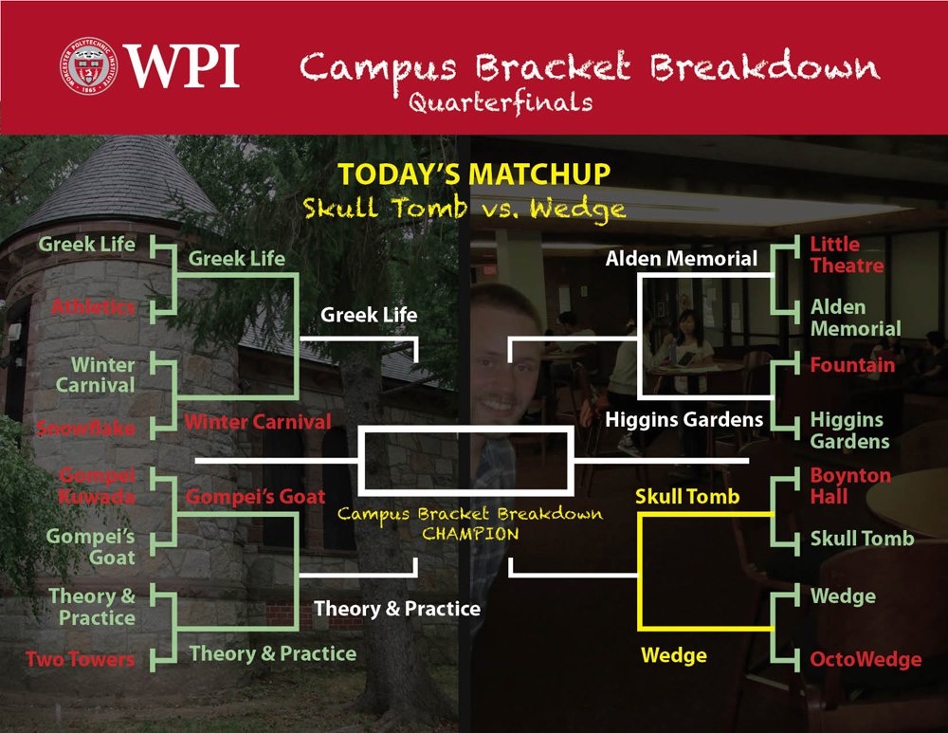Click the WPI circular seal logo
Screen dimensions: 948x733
coord(88,65)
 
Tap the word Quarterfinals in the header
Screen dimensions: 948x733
coord(501,102)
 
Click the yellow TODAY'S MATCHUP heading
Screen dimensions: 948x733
coord(474,174)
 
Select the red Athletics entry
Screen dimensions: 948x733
coord(93,306)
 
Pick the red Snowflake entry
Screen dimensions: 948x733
coord(85,428)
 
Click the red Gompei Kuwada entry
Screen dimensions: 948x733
coord(97,486)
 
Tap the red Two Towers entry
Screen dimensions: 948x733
coord(80,659)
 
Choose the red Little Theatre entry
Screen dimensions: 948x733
coord(847,255)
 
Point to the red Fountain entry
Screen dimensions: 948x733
coord(852,365)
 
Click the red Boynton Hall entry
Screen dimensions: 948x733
coord(850,486)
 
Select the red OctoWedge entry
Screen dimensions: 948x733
coord(866,659)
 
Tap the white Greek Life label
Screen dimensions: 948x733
coord(369,315)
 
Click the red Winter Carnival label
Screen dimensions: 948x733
coord(258,422)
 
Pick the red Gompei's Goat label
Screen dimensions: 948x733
coord(255,497)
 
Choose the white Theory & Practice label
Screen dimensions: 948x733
coord(397,609)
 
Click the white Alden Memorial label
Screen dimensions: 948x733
coord(682,259)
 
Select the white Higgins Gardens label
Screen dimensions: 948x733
coord(684,420)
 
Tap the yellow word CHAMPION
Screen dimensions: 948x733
coord(470,534)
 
